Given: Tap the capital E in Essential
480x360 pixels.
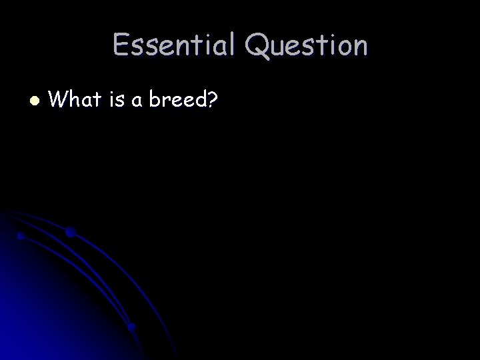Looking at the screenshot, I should (x=121, y=45).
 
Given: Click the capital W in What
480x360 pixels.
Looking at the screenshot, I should (x=59, y=100).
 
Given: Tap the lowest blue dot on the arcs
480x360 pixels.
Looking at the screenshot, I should (x=132, y=327).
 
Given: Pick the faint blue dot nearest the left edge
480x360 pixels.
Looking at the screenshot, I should (x=21, y=236).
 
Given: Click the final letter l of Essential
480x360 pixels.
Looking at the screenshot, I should (x=231, y=45).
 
